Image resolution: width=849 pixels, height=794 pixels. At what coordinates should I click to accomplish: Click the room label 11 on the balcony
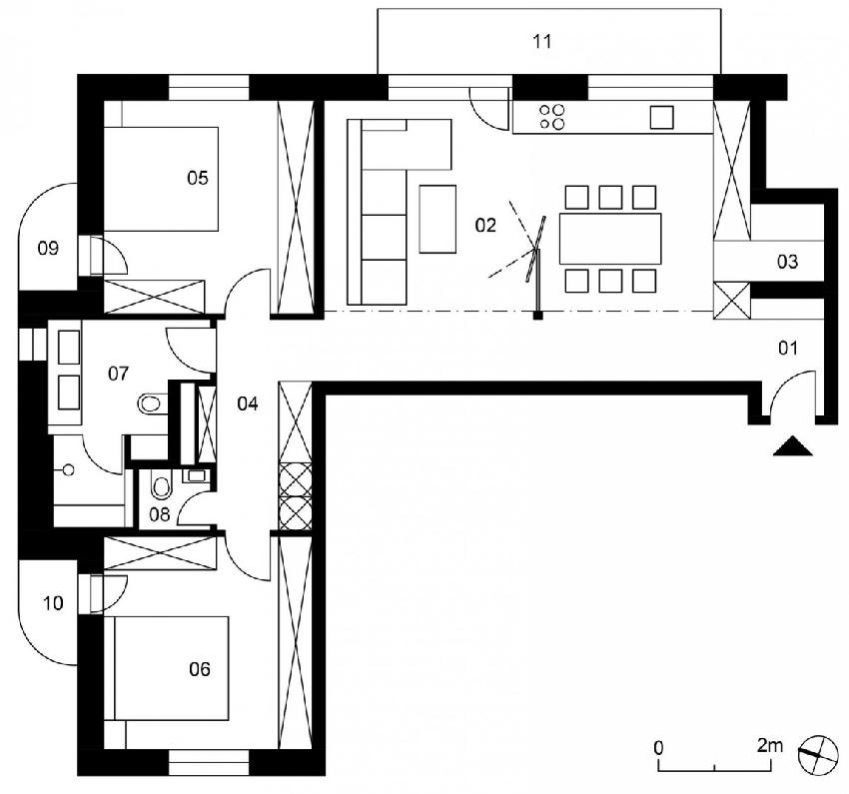542,41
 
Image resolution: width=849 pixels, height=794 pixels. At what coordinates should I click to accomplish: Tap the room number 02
485,225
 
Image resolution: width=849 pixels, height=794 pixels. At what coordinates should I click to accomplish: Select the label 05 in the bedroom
197,178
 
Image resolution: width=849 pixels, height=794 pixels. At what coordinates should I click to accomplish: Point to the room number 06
199,669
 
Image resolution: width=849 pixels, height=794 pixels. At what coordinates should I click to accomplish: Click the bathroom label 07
118,374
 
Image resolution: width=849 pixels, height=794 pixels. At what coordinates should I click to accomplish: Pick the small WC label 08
159,514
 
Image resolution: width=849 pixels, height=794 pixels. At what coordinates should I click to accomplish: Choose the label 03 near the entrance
787,262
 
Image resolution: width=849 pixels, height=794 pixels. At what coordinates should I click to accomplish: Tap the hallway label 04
248,403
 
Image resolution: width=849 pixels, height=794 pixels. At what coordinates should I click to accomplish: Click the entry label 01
788,348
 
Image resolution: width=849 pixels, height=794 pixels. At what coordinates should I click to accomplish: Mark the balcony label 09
48,249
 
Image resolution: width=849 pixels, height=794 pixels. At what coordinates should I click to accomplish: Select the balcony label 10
53,603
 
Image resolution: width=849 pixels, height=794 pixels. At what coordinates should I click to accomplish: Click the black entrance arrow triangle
793,447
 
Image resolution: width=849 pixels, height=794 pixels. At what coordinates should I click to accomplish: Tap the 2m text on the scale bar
769,746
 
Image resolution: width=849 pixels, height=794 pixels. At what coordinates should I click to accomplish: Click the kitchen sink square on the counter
661,117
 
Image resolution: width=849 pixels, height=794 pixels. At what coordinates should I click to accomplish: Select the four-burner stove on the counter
552,117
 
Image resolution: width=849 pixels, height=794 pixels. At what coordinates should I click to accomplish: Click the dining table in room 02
610,239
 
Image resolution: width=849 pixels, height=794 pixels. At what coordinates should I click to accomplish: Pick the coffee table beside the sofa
437,219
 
